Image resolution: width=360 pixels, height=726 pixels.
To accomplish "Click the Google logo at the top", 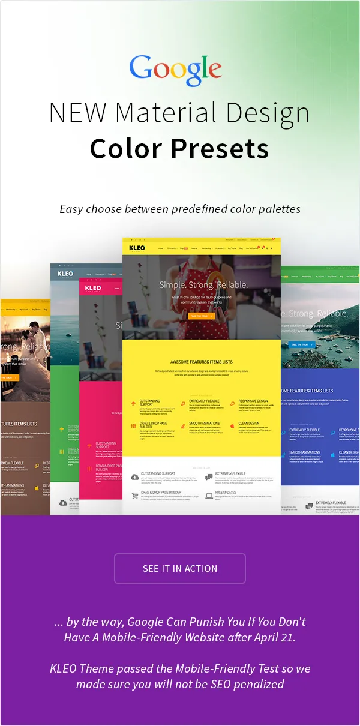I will (x=175, y=70).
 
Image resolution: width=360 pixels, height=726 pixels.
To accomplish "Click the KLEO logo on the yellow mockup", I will (x=137, y=247).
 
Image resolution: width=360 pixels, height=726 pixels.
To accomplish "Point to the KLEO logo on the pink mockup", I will (x=93, y=288).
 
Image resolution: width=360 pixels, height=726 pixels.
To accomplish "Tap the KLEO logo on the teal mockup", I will (x=65, y=274).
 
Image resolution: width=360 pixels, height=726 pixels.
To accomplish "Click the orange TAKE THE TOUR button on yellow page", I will (x=201, y=316).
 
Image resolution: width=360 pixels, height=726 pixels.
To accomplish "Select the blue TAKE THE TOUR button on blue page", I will (x=299, y=344).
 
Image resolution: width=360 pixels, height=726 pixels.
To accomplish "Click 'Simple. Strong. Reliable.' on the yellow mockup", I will (x=203, y=285).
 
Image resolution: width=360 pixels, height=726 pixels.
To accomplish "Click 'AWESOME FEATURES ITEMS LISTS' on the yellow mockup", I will (x=201, y=362).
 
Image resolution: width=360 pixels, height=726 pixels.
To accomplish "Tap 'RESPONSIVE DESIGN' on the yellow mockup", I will (x=253, y=401).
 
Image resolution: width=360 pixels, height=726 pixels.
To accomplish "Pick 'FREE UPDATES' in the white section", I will (x=226, y=493).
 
